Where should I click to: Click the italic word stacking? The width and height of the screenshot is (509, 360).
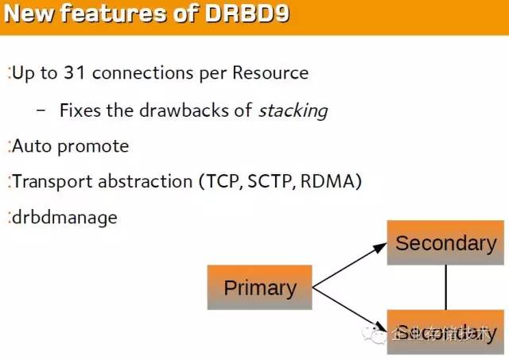point(293,110)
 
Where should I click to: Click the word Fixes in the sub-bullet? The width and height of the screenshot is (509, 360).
point(80,110)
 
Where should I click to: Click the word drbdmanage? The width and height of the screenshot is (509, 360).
point(64,218)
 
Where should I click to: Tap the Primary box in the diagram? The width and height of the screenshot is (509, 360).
point(259,287)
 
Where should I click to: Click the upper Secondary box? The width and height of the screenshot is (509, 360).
point(445,242)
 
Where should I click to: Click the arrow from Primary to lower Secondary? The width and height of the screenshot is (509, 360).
point(350,307)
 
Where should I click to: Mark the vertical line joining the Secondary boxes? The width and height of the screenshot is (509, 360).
point(445,287)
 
